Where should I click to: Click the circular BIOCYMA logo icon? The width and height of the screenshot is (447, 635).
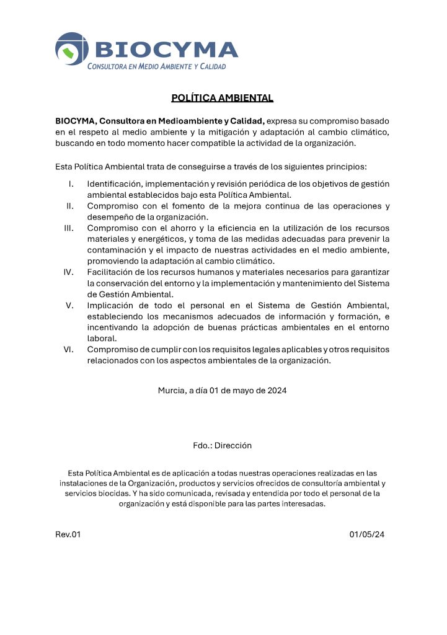click(72, 49)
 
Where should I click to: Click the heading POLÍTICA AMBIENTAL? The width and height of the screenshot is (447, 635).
click(222, 98)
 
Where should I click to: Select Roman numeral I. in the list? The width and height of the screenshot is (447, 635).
click(71, 184)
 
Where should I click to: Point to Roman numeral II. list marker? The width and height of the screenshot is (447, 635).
click(70, 206)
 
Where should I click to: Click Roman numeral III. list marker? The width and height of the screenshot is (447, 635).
click(69, 228)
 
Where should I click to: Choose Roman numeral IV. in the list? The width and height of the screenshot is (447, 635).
click(69, 272)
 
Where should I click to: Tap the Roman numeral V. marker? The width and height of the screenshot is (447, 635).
click(70, 305)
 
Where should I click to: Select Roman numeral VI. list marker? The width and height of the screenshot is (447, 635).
click(69, 349)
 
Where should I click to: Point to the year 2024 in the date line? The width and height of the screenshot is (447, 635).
click(275, 391)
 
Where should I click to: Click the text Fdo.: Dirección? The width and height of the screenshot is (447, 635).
click(222, 445)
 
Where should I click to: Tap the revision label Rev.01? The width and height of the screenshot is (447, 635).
click(68, 535)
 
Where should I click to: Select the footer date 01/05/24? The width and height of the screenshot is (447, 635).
click(367, 535)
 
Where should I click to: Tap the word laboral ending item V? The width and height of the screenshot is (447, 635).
click(102, 338)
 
